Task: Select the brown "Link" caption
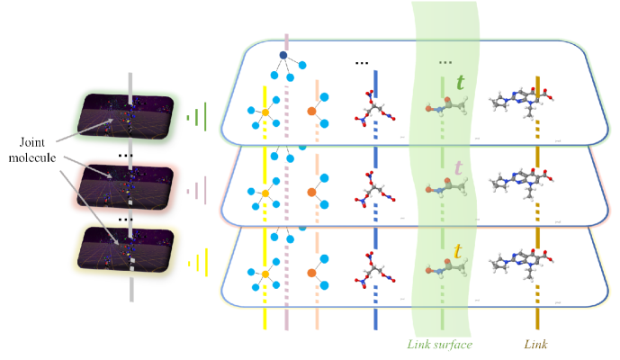coord(537,343)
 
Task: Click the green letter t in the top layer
coord(460,83)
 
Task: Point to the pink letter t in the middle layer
coord(459,167)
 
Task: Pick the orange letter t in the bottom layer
coord(458,252)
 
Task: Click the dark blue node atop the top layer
coord(283,56)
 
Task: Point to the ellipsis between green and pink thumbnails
coord(127,155)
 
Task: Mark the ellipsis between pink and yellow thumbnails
coord(127,220)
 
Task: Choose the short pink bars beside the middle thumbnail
coord(197,190)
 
